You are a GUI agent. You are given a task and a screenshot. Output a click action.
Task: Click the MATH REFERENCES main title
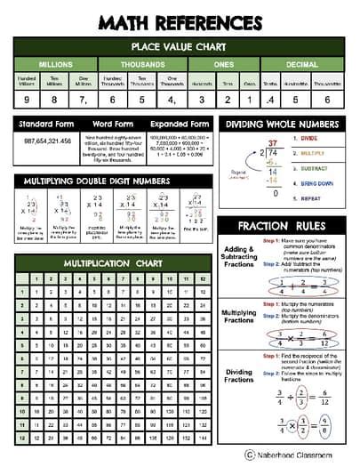click(x=180, y=21)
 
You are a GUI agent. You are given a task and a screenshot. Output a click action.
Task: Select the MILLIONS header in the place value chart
click(x=54, y=64)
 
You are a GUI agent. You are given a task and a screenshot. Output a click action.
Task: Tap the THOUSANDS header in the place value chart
click(x=143, y=64)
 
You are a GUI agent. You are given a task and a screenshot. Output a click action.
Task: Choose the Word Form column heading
click(x=113, y=124)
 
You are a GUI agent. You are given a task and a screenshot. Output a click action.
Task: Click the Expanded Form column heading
click(x=180, y=124)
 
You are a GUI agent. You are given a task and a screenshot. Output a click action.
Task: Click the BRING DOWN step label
click(x=304, y=181)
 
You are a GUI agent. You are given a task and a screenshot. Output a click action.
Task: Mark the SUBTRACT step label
click(x=302, y=166)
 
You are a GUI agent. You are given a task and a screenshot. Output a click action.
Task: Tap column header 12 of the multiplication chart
click(x=203, y=279)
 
